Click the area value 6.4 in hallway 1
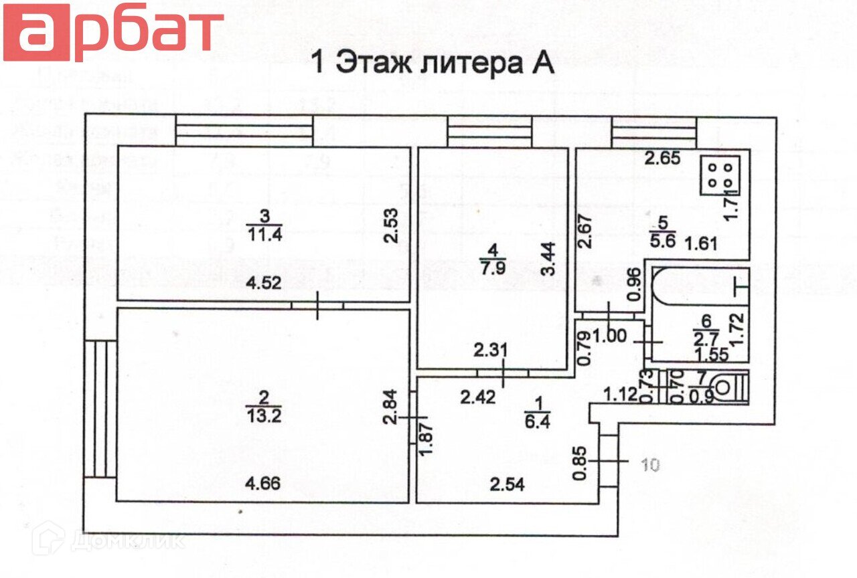[x=538, y=422]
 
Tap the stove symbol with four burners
[x=720, y=175]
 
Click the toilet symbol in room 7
[x=728, y=387]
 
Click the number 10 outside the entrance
[x=649, y=464]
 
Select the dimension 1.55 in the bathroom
[x=711, y=355]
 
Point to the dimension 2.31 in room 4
[x=491, y=349]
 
